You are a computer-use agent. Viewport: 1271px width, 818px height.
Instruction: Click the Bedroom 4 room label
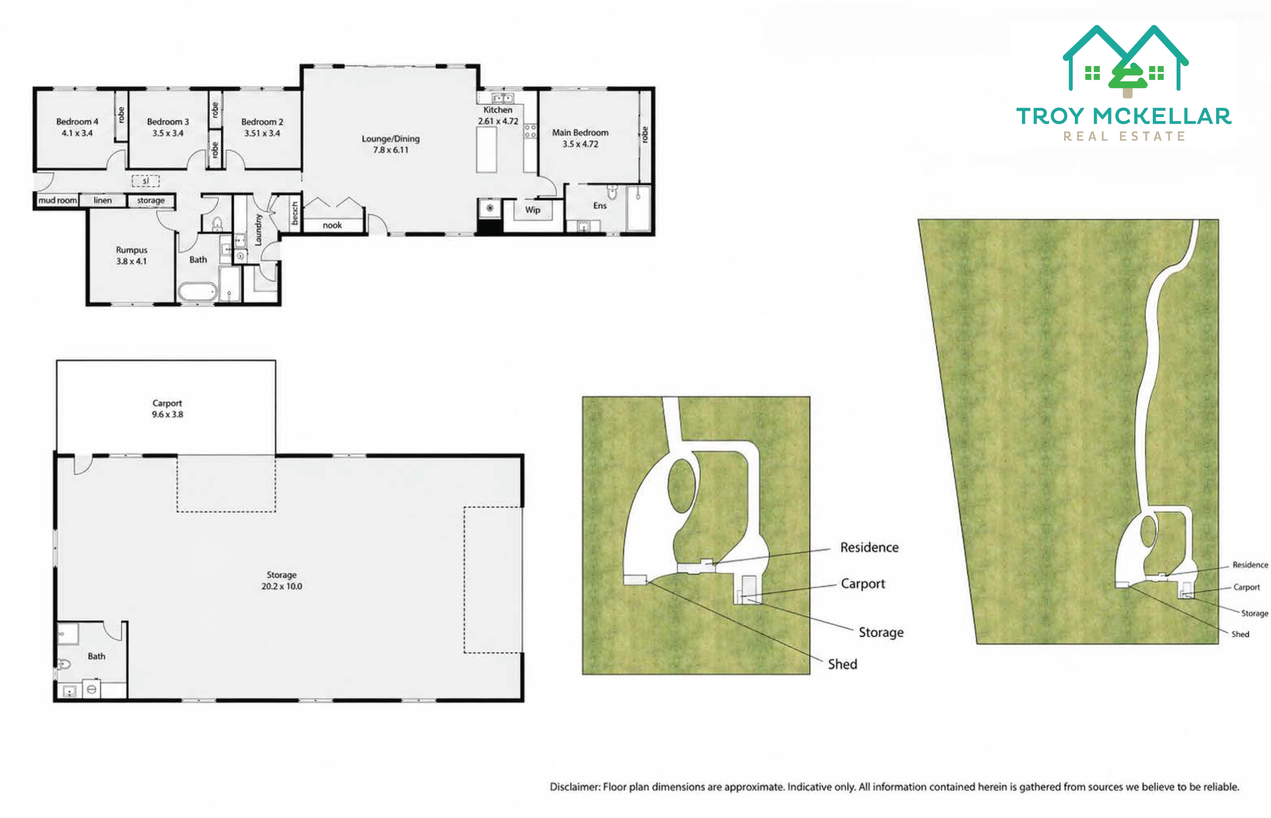(x=77, y=122)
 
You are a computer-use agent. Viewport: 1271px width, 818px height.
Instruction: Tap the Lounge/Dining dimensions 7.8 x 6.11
(x=390, y=150)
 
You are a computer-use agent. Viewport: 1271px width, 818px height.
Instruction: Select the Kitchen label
(x=498, y=110)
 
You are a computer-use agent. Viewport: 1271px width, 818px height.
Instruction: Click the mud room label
(x=57, y=200)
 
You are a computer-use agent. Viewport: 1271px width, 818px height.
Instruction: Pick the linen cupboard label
(x=102, y=200)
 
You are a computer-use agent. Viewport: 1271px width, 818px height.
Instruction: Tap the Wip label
(x=533, y=210)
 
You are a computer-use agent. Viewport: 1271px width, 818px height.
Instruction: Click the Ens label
(x=600, y=206)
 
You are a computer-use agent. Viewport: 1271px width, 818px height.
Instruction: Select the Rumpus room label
(x=132, y=250)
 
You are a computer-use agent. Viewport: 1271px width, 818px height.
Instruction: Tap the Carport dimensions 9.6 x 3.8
(x=167, y=414)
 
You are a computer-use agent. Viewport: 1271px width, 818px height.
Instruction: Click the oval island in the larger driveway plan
(x=682, y=485)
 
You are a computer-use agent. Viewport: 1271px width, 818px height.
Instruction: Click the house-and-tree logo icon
(x=1126, y=61)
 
